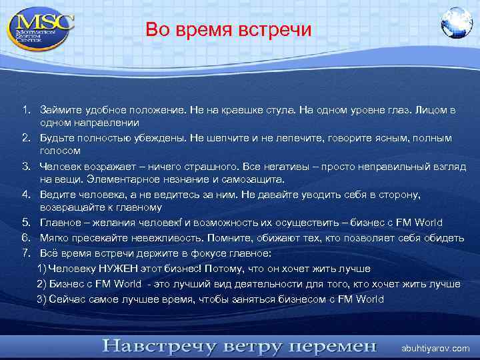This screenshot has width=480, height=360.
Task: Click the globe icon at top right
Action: (x=456, y=23)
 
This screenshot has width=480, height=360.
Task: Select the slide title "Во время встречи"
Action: (x=228, y=29)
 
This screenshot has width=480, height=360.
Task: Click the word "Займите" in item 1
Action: (x=58, y=109)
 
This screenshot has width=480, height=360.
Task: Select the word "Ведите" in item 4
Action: (x=57, y=194)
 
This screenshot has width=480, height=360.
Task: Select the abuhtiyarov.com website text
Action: (x=435, y=348)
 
